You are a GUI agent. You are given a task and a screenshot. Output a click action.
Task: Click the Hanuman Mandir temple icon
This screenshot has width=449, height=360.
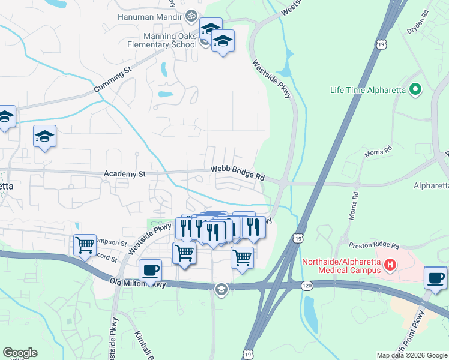(191, 16)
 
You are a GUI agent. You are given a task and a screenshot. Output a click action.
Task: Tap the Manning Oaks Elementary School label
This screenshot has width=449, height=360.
(162, 39)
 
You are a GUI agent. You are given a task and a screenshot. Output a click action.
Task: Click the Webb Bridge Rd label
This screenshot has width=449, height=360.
(238, 173)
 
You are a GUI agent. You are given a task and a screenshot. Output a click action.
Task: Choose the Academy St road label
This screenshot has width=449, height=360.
(125, 174)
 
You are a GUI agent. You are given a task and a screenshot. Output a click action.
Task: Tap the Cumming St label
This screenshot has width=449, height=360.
(112, 80)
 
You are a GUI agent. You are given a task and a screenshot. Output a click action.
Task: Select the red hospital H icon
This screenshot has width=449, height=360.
(390, 264)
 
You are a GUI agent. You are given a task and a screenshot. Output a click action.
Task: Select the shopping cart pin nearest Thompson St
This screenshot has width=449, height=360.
(85, 244)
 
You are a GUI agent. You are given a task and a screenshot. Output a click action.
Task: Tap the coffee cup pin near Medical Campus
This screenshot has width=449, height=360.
(435, 278)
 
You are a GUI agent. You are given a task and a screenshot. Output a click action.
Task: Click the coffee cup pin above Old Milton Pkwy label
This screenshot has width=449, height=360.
(150, 270)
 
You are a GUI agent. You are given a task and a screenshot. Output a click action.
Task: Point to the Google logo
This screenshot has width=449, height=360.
(20, 352)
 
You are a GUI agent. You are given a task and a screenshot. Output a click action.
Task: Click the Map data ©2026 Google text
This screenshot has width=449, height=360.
(412, 355)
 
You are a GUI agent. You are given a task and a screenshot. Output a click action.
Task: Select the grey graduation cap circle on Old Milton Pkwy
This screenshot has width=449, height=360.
(221, 289)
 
